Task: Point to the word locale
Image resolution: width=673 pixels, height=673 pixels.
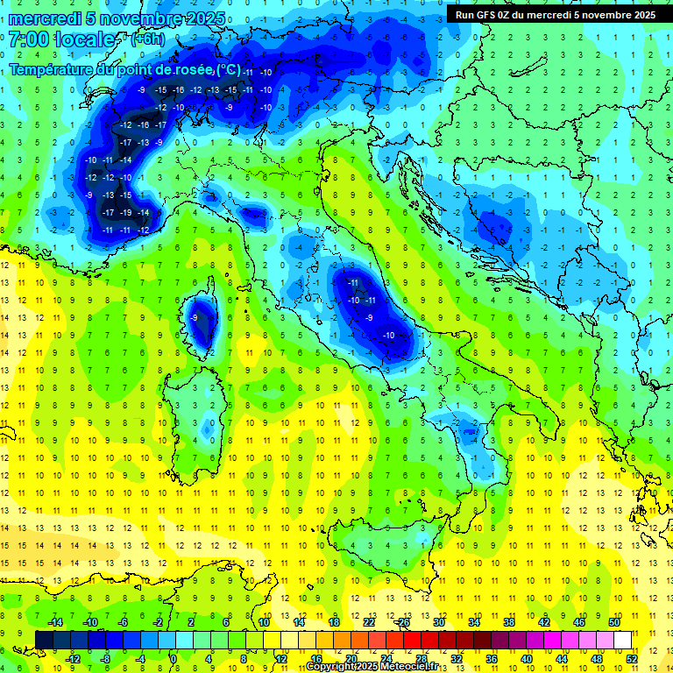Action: [x=86, y=39]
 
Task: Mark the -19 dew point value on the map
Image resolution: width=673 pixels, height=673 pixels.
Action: [x=126, y=213]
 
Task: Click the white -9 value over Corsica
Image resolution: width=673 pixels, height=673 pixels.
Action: [x=194, y=317]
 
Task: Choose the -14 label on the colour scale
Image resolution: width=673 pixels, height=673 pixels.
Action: [x=54, y=621]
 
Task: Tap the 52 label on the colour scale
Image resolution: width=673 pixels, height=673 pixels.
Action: [x=632, y=659]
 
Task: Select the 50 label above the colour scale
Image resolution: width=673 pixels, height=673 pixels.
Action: [x=614, y=621]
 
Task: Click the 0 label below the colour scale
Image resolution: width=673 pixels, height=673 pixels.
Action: [x=174, y=659]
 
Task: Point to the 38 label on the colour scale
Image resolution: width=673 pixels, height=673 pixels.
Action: [x=508, y=621]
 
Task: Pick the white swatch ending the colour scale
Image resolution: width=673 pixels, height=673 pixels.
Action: [x=622, y=640]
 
